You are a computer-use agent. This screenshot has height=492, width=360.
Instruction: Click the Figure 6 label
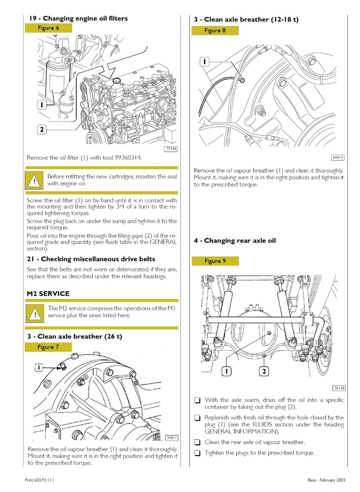pyautogui.click(x=48, y=28)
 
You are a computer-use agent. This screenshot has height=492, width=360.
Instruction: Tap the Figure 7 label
pyautogui.click(x=48, y=347)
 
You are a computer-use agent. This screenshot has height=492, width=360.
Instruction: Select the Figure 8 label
pyautogui.click(x=215, y=30)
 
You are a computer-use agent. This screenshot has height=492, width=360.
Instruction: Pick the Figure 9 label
pyautogui.click(x=215, y=261)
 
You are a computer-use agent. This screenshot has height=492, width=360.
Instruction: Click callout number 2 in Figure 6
pyautogui.click(x=41, y=129)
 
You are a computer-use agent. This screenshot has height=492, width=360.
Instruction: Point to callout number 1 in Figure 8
pyautogui.click(x=204, y=61)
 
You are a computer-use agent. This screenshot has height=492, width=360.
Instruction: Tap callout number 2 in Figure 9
pyautogui.click(x=264, y=372)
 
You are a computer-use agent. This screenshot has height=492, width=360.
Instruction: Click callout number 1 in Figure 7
pyautogui.click(x=38, y=367)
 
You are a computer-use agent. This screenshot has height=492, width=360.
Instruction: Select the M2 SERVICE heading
pyautogui.click(x=48, y=294)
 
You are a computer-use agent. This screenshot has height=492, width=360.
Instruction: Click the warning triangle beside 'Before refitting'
pyautogui.click(x=34, y=180)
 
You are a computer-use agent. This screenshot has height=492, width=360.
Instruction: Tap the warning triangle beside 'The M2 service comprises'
pyautogui.click(x=35, y=313)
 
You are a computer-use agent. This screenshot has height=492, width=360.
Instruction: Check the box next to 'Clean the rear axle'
pyautogui.click(x=197, y=442)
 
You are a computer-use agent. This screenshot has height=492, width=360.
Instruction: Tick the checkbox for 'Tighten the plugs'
pyautogui.click(x=197, y=453)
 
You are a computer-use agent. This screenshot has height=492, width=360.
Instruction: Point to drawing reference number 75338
pyautogui.click(x=171, y=149)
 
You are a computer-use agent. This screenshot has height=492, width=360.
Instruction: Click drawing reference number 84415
pyautogui.click(x=338, y=157)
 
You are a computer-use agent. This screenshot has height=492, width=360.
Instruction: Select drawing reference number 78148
pyautogui.click(x=338, y=388)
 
